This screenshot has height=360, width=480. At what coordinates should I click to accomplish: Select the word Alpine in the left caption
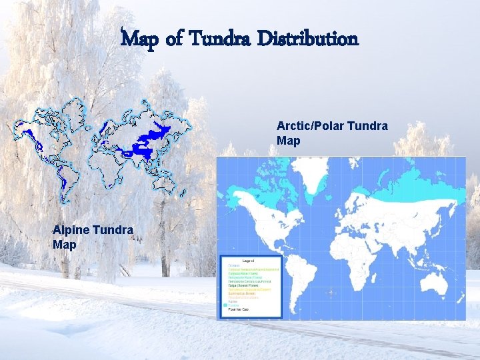point(73,231)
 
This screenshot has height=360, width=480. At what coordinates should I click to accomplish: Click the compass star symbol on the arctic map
point(331,292)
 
